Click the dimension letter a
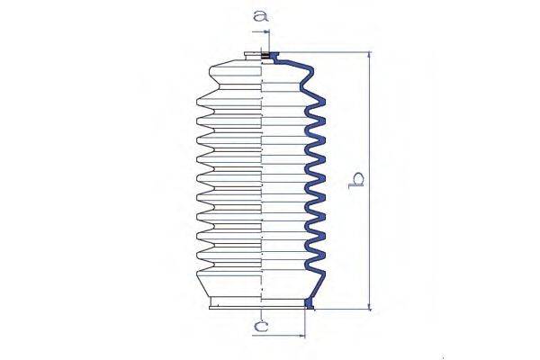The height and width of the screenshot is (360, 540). (x=260, y=15)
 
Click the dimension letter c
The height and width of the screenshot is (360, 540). (x=259, y=328)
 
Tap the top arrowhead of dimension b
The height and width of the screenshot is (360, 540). (x=368, y=57)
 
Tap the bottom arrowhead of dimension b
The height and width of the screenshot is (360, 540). (x=368, y=305)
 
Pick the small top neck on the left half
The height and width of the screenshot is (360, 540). (x=247, y=59)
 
